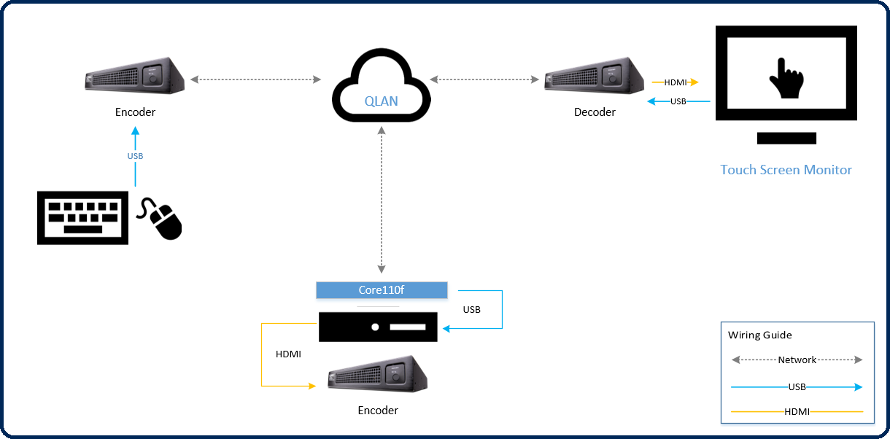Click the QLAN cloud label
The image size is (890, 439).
pos(381,101)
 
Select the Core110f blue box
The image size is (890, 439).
pos(382,290)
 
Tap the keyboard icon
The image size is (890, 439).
pos(83,217)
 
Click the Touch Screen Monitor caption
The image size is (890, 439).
pos(786,170)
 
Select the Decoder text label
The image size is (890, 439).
pos(595,112)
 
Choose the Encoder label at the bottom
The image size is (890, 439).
pos(378,411)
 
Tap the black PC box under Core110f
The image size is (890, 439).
pos(378,326)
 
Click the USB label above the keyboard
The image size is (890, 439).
pos(135,156)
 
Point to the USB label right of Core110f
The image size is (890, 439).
pos(471,310)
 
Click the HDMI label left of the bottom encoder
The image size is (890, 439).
pos(288,354)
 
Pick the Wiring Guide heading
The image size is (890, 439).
pos(759,335)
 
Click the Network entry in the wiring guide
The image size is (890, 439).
pos(797,360)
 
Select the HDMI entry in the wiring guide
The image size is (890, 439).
pos(797,412)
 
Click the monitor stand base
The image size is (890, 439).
pos(786,138)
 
